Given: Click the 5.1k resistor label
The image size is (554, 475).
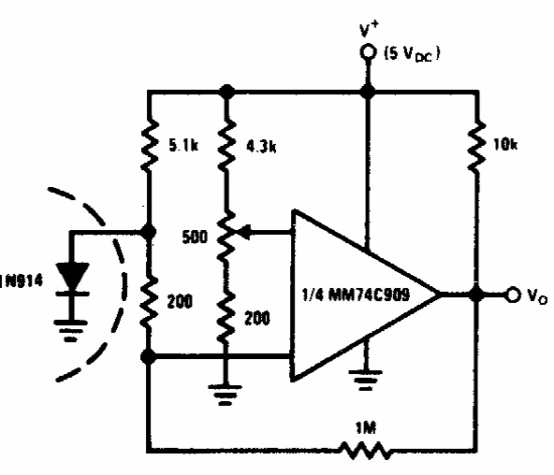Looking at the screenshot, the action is [183, 145].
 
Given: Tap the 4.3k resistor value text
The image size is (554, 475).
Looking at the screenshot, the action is [261, 146].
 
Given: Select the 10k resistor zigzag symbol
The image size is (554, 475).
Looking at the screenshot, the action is [476, 147].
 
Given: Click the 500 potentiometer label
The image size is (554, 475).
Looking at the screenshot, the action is [195, 237].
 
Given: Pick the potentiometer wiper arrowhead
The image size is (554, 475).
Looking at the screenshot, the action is [244, 232].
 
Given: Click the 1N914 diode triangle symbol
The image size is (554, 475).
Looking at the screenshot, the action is [72, 278].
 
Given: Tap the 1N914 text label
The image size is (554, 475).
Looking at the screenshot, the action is [22, 281].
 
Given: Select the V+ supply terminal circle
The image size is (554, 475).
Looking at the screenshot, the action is [368, 52].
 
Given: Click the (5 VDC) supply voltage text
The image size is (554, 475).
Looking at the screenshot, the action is [412, 54].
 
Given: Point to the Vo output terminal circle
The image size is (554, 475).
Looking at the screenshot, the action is [513, 295].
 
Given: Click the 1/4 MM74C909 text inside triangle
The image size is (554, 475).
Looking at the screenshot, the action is [357, 294].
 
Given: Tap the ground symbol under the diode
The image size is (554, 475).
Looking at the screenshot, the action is [71, 330].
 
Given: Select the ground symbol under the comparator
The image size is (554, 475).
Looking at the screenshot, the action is [365, 380].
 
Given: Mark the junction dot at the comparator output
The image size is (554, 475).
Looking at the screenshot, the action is [477, 295].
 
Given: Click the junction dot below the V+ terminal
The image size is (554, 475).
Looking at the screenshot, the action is [368, 91].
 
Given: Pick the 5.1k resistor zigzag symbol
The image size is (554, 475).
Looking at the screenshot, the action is [150, 146].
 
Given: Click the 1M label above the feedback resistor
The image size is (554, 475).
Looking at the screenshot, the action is [366, 427].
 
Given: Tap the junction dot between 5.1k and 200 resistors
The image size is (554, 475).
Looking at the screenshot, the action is [149, 232].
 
